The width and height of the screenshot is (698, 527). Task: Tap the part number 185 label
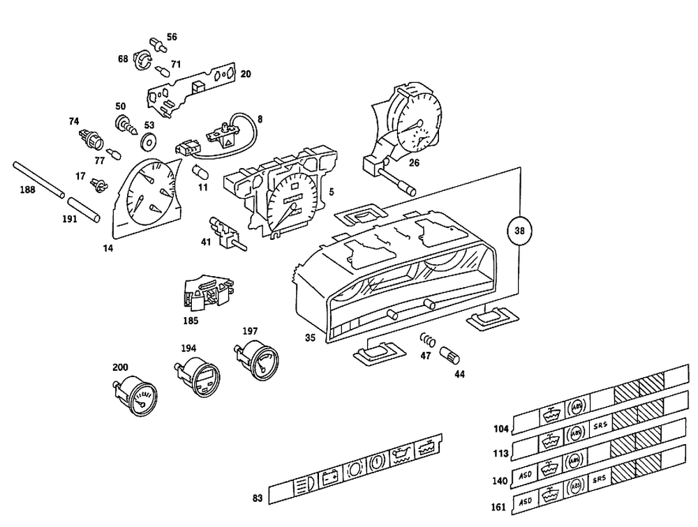(x=191, y=321)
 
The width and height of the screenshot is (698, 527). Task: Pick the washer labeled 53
(x=148, y=143)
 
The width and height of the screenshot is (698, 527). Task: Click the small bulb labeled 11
(x=199, y=171)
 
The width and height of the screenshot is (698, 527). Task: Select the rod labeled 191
(x=84, y=209)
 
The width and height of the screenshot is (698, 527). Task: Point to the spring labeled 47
(x=427, y=342)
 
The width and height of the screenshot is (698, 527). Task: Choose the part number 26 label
(x=414, y=164)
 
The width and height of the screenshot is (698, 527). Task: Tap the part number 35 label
(x=311, y=337)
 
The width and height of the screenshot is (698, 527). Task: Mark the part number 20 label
(x=246, y=74)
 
